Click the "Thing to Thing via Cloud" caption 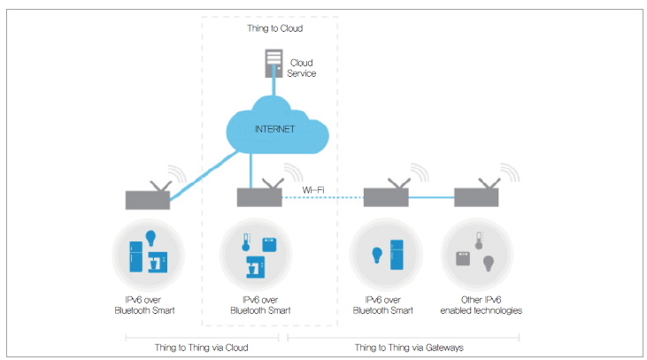202,348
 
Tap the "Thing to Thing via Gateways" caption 404,348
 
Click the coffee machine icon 158,261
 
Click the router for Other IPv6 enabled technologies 478,196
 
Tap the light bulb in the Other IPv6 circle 487,264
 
